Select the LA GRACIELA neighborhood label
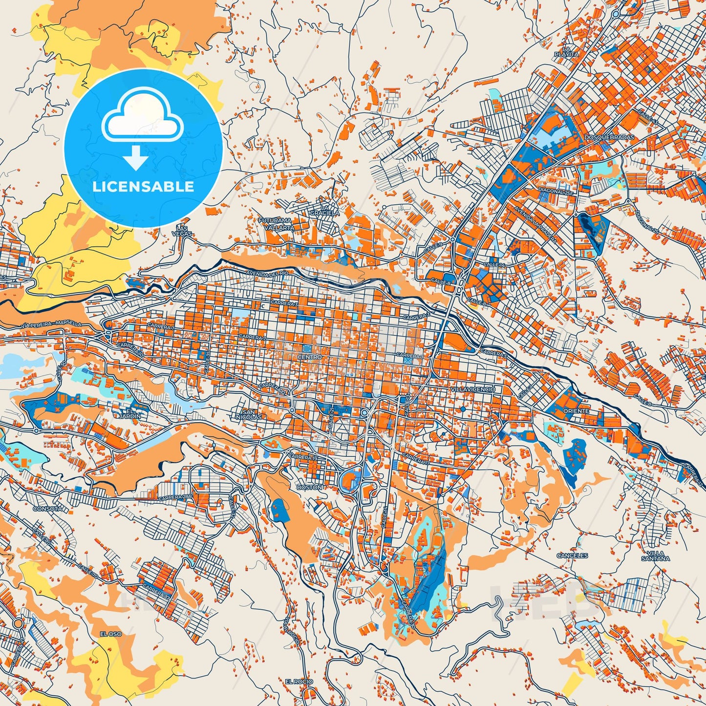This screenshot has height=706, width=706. coord(327,210)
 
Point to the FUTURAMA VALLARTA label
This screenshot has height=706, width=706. coord(276,224)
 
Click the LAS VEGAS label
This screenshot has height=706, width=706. coord(182,231)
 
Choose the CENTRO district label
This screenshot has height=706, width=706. coord(309,357)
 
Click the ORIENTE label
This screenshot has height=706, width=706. coord(576,411)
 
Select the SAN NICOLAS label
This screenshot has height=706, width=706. coord(252,414)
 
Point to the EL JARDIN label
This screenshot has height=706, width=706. coord(133,413)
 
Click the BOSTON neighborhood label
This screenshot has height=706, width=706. coord(309,487)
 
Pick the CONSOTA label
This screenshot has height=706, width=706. coord(47,509)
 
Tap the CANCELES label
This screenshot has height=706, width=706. coord(572,556)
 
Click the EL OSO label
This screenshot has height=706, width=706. coord(110,634)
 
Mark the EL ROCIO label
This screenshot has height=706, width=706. coord(299,682)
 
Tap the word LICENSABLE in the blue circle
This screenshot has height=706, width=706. coord(144,187)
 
